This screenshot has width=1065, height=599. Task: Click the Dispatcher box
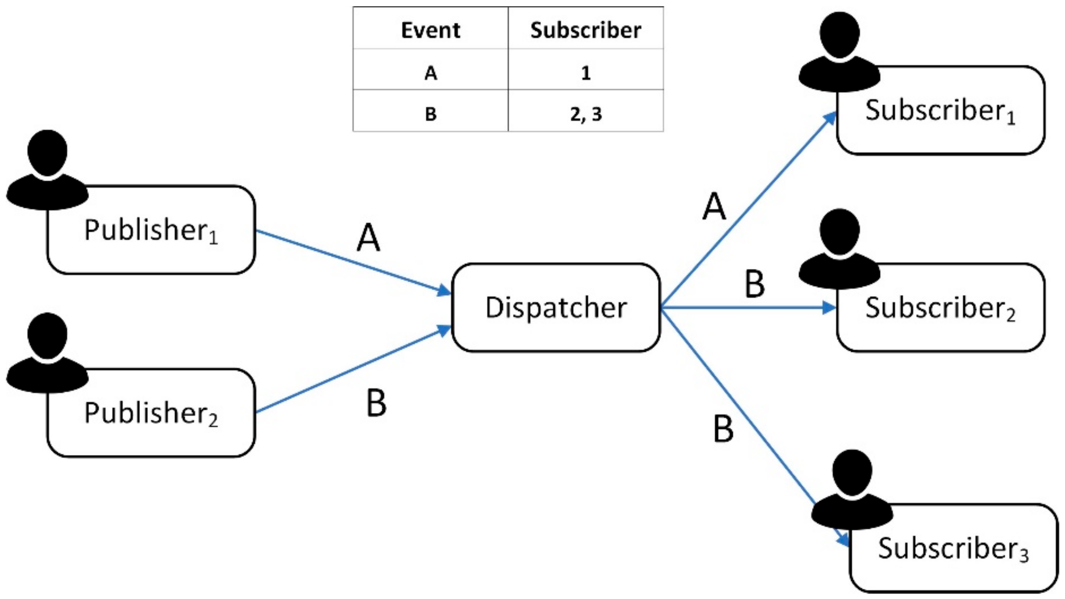[x=555, y=307]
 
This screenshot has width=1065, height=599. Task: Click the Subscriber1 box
[x=940, y=110]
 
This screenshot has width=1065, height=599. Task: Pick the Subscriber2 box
[x=940, y=308]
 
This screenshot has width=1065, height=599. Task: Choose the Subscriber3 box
[x=954, y=549]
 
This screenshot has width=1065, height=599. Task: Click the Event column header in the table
[x=431, y=30]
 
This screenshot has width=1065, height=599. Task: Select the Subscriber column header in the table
[x=585, y=30]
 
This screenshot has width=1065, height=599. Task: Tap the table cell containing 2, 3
[x=585, y=114]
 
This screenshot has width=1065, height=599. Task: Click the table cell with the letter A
[x=431, y=73]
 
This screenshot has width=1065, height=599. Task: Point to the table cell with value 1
[x=585, y=73]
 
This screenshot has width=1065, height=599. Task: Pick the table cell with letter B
[x=431, y=114]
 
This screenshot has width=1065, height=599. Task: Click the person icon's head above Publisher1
[x=47, y=152]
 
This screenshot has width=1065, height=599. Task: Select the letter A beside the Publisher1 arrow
[x=368, y=238]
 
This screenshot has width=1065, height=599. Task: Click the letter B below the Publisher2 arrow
[x=376, y=403]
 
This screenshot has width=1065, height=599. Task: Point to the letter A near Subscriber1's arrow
[x=714, y=206]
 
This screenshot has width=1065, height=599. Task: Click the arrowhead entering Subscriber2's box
[x=829, y=307]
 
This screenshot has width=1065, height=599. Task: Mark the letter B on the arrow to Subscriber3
[x=723, y=429]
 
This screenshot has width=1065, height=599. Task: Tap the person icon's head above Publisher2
[x=47, y=336]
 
